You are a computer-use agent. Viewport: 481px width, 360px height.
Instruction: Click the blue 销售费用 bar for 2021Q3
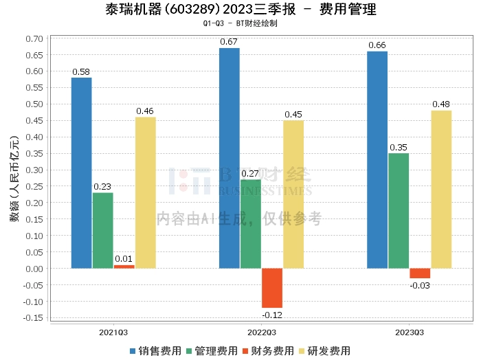tap(82, 172)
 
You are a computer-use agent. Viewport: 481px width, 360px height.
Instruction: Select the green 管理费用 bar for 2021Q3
tap(103, 230)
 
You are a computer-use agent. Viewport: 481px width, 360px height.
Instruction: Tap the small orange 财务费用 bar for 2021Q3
tap(124, 267)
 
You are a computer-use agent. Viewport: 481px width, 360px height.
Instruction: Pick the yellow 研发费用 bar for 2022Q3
tap(293, 194)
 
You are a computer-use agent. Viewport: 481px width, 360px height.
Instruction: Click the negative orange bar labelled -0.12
tap(272, 288)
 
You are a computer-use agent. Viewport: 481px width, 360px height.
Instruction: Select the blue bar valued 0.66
tap(377, 159)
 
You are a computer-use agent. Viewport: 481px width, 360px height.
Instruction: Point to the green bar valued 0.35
tap(399, 210)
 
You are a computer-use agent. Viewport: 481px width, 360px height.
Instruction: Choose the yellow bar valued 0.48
tap(441, 189)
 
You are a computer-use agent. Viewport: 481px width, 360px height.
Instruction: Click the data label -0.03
tap(420, 285)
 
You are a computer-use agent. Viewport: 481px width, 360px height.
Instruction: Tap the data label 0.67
tap(229, 42)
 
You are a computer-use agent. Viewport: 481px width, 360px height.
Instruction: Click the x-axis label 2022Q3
tap(261, 331)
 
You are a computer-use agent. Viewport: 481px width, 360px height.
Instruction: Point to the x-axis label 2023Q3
tap(409, 331)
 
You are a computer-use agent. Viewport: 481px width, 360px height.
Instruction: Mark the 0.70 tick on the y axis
tap(33, 38)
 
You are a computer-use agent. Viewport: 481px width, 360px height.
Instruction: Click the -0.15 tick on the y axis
tap(32, 318)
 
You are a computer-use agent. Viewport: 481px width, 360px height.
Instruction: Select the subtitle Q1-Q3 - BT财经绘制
tap(240, 23)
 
